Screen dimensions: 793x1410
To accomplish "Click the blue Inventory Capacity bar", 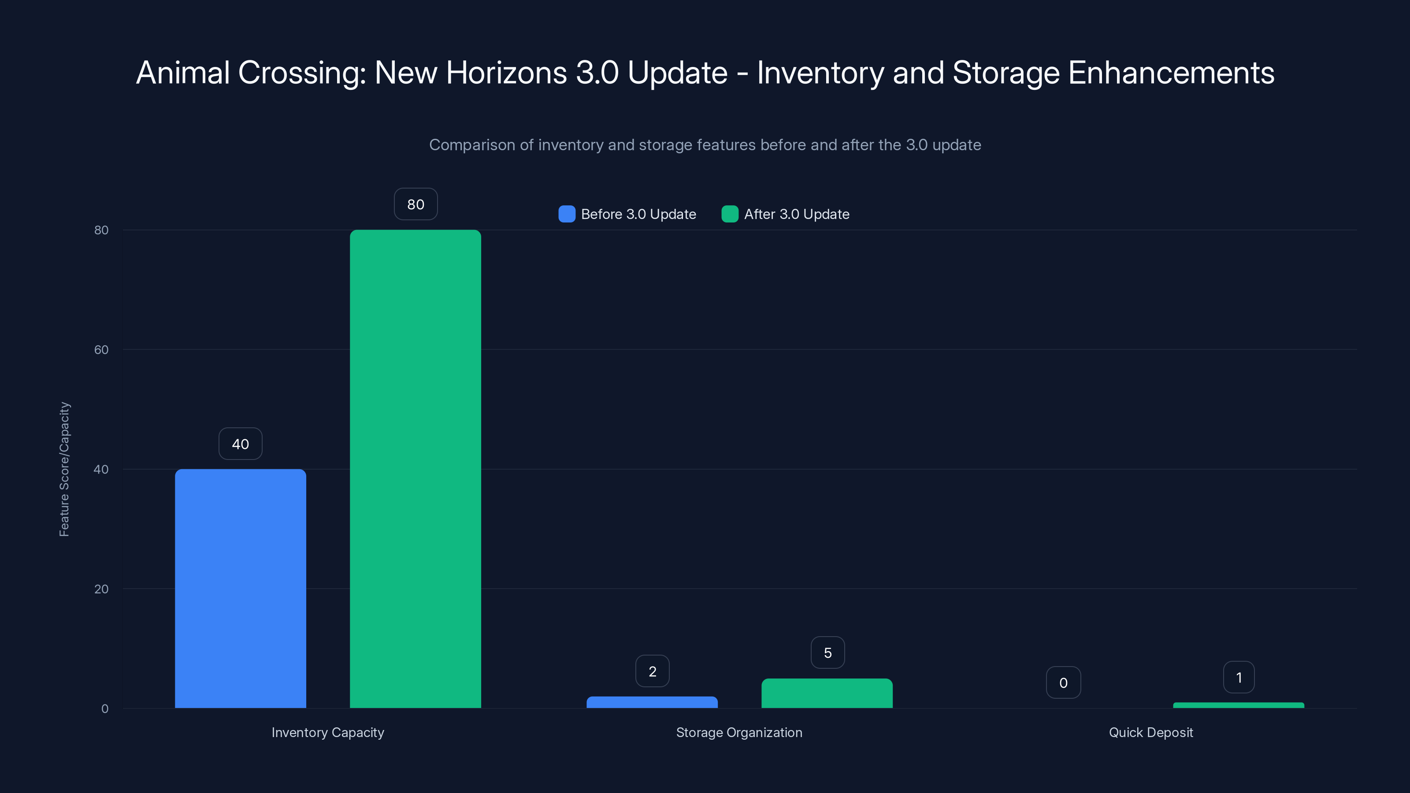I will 240,588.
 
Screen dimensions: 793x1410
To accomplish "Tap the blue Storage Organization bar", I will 652,702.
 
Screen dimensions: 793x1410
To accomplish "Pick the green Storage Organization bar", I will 827,693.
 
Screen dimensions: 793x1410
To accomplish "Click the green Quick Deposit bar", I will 1239,705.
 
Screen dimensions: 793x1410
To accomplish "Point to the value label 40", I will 240,444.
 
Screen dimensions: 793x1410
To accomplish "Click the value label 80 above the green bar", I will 416,204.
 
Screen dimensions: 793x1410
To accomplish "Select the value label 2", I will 653,671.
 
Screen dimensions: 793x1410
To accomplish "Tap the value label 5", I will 827,653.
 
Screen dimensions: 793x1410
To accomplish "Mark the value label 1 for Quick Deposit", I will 1239,678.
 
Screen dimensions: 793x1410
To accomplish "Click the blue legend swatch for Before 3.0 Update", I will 567,214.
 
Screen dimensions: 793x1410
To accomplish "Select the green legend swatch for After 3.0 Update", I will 730,214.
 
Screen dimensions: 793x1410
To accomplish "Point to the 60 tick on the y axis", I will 101,350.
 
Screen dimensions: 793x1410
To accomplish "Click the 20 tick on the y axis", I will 101,589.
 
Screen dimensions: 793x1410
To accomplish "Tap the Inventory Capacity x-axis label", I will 328,732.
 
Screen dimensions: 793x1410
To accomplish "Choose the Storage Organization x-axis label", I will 739,732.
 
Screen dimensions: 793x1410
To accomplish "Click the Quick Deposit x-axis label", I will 1150,732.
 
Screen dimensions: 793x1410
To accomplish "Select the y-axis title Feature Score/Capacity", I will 64,469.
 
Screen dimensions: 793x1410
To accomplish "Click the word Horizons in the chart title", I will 506,73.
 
